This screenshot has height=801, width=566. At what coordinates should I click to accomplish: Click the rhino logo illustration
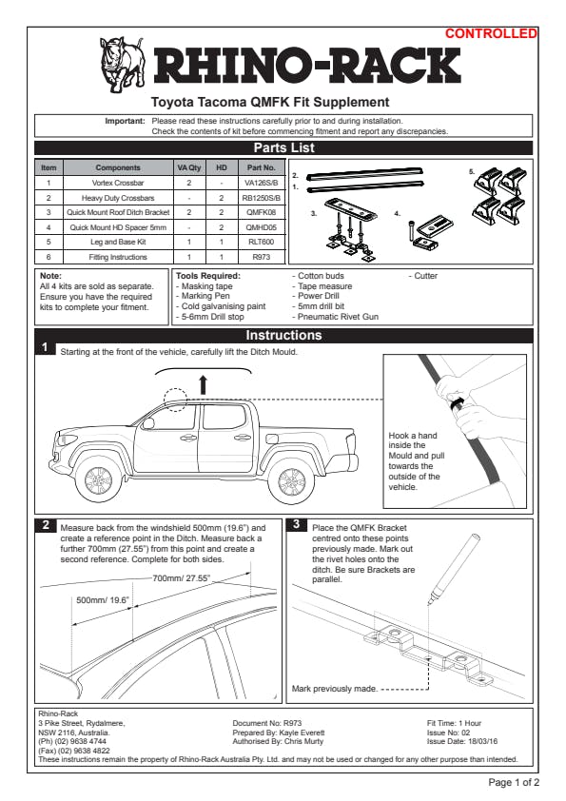click(123, 64)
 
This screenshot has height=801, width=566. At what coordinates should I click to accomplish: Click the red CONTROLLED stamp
click(491, 33)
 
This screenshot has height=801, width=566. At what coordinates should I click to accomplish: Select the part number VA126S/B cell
click(261, 183)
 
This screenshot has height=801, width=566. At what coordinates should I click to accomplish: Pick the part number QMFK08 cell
click(261, 212)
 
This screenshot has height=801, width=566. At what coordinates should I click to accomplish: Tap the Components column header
click(118, 167)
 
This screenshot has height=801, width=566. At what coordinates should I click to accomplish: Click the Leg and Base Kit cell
click(118, 242)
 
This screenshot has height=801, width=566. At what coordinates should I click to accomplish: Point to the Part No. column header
click(261, 167)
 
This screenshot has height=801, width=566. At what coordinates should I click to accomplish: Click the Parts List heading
click(284, 148)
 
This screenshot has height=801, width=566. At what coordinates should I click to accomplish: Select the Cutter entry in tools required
click(423, 276)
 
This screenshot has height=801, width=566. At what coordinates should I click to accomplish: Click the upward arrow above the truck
click(204, 384)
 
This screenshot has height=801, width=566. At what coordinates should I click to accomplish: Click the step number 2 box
click(45, 525)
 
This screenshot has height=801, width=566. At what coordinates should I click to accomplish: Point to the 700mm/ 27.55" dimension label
click(182, 578)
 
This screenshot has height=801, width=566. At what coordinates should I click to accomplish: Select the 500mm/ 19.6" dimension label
click(102, 600)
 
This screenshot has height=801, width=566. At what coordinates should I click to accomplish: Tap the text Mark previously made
click(335, 689)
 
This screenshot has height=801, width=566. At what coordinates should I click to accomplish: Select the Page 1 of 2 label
click(514, 782)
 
